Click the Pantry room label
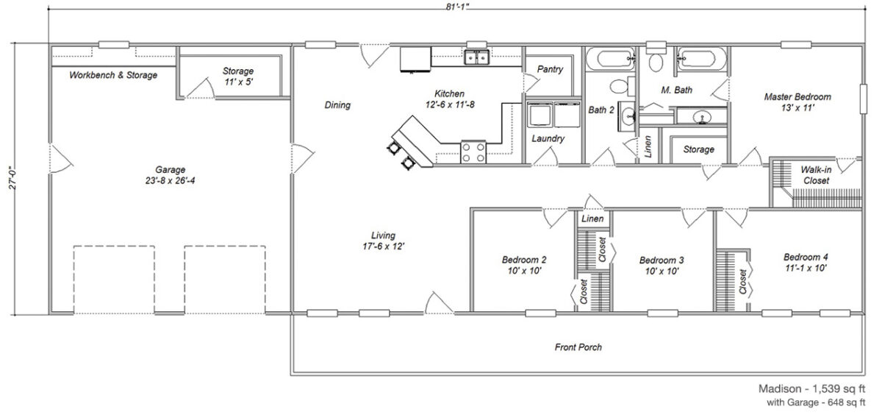point(550,70)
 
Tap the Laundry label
point(548,138)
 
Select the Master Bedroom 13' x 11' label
point(797,102)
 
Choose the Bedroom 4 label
point(805,263)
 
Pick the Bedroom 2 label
point(523,265)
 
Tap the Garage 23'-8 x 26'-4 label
point(170,174)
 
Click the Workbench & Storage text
point(112,75)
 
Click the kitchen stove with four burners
point(473,152)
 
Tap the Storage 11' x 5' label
point(238,77)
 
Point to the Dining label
point(337,105)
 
